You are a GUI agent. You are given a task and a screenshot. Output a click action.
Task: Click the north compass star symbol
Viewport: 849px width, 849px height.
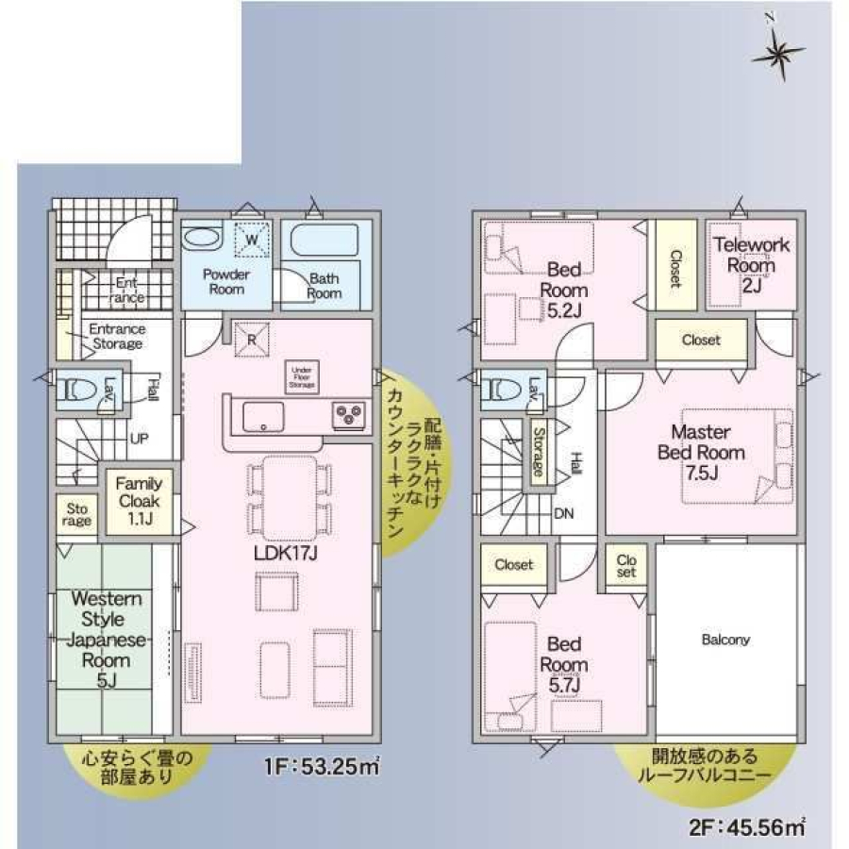779,56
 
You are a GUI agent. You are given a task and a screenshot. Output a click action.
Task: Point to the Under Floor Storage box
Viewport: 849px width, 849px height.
302,377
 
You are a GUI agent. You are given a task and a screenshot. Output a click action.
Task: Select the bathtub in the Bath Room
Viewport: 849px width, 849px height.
325,241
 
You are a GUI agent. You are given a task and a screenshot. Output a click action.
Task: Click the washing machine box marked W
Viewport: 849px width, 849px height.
253,240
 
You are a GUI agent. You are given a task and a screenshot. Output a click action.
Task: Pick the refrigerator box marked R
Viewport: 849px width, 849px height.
253,339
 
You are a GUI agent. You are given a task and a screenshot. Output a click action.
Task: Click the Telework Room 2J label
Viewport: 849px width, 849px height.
752,263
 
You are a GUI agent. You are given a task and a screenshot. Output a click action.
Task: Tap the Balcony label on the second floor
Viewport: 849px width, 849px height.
725,640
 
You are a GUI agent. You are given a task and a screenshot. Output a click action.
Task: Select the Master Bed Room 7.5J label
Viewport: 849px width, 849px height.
701,452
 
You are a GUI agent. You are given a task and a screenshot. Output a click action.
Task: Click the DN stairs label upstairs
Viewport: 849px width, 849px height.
564,513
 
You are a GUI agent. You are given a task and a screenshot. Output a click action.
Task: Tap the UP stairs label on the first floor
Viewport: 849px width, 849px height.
138,440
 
